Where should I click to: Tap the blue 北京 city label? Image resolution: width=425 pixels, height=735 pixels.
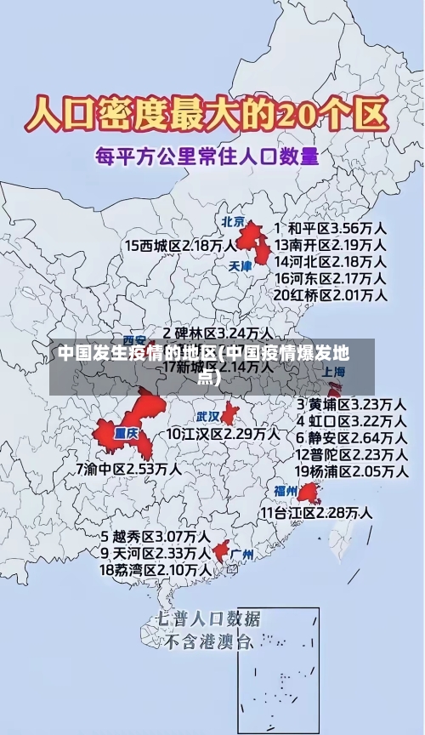tap(233, 222)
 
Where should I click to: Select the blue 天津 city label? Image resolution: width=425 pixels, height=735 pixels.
tap(241, 266)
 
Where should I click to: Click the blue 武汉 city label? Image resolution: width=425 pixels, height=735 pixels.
tap(207, 417)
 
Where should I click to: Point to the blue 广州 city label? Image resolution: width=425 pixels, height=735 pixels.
tap(242, 554)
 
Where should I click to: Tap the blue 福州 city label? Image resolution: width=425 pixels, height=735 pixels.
tap(286, 491)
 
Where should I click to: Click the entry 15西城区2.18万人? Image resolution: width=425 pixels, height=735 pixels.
tap(181, 245)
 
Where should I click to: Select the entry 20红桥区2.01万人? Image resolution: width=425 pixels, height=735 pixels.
tap(331, 294)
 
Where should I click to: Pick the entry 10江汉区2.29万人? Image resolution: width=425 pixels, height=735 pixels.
tap(223, 434)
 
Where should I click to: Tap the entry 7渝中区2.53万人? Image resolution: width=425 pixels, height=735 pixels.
tap(128, 468)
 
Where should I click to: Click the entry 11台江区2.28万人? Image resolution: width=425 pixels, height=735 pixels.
tap(316, 513)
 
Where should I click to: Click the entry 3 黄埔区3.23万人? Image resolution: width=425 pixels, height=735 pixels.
tap(350, 403)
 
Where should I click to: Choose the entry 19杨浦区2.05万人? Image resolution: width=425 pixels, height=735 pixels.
tap(350, 470)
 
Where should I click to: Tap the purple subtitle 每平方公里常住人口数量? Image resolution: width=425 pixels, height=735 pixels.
tap(207, 157)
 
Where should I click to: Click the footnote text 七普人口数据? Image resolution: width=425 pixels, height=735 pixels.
tap(209, 618)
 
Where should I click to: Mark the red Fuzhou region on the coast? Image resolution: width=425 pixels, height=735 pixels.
tap(307, 493)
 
